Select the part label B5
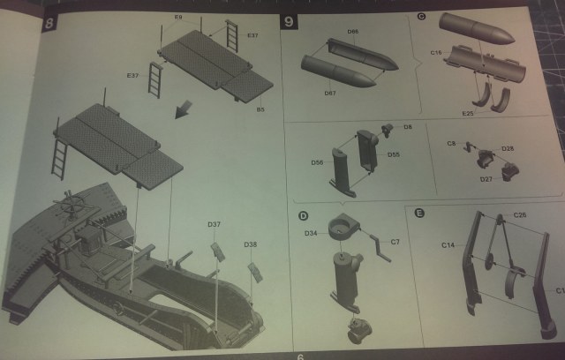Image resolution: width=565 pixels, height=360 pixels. [260, 109]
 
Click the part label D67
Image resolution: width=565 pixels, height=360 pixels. [330, 92]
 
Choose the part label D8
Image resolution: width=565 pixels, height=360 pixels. [408, 128]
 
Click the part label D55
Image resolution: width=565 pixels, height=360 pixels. [393, 154]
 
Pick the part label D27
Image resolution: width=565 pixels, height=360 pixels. [486, 179]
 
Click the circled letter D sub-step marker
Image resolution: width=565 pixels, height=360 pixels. [302, 215]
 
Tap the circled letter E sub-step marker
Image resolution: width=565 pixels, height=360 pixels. [418, 213]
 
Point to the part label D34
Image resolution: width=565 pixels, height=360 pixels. [311, 233]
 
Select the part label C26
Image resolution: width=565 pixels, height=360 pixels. [520, 215]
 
